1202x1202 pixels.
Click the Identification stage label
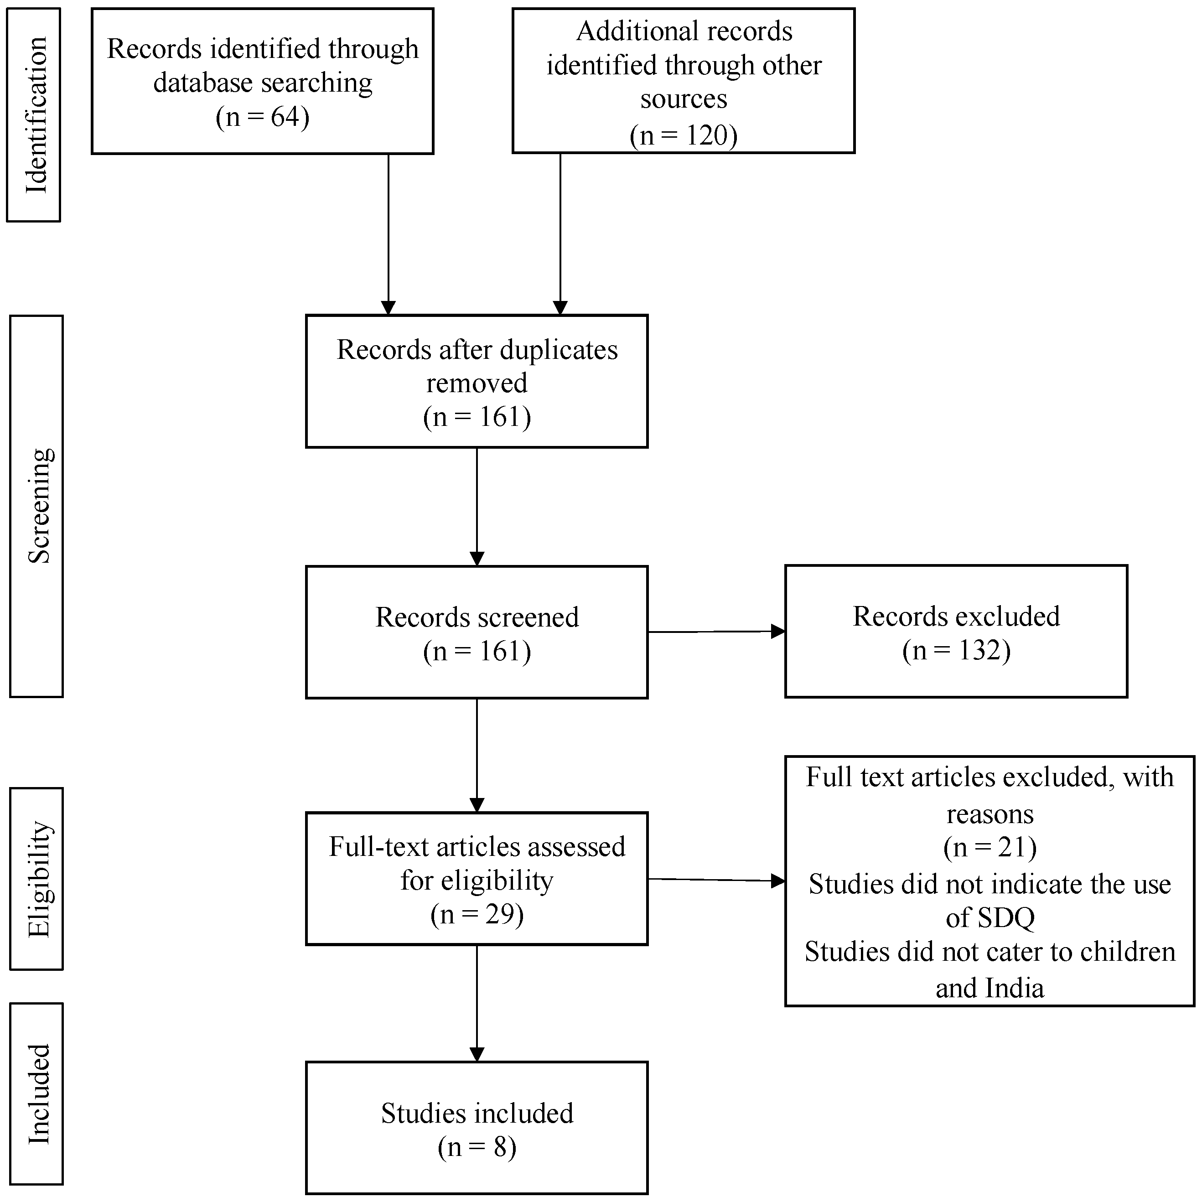[x=36, y=115]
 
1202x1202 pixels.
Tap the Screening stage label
[x=39, y=506]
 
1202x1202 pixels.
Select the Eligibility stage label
[x=39, y=879]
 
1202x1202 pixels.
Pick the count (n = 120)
[x=683, y=135]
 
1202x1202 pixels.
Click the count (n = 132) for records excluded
[x=956, y=650]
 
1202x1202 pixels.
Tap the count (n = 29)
[x=477, y=914]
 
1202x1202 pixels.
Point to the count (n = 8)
[x=477, y=1147]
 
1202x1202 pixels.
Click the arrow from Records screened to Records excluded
[x=715, y=632]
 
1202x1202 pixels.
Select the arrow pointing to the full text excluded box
[x=715, y=880]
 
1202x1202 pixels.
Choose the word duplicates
[x=558, y=350]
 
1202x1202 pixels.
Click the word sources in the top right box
[x=683, y=99]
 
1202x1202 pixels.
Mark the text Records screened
[x=477, y=617]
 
